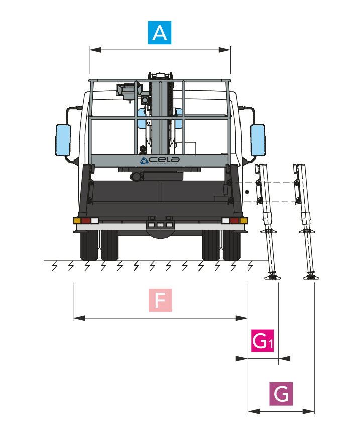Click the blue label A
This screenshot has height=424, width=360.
point(160,33)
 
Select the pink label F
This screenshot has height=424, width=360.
point(160,301)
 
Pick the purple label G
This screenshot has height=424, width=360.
point(281,394)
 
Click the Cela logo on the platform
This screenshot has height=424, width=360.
point(160,160)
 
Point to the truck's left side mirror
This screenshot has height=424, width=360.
point(63,140)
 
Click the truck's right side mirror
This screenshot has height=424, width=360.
point(257,139)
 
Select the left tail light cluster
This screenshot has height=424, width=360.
point(86,221)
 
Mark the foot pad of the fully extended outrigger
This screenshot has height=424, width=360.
point(310,276)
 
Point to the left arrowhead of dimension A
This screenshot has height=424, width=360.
point(92,50)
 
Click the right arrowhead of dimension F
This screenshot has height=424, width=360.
point(244,318)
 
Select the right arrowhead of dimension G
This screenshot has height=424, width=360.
point(311,411)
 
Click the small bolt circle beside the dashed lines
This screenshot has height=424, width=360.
point(246,192)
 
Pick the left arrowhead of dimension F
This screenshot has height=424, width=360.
point(77,318)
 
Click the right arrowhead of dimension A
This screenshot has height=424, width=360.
point(227,50)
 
